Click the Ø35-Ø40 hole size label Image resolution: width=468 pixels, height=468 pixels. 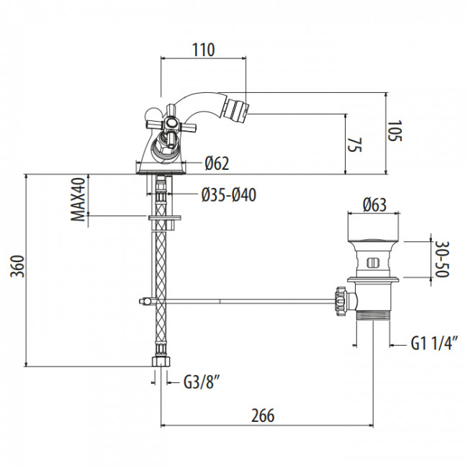[x=229, y=194]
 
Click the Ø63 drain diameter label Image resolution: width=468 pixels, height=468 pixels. [x=374, y=204]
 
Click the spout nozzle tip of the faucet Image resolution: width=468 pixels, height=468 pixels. [x=238, y=109]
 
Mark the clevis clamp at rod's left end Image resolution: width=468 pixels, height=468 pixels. [x=145, y=300]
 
